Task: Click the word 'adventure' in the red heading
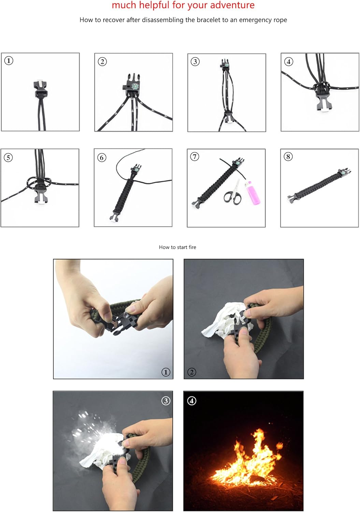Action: pyautogui.click(x=232, y=5)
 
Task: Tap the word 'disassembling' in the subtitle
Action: pyautogui.click(x=162, y=20)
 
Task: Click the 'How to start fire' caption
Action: pyautogui.click(x=177, y=247)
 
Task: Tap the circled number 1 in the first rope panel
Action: pyautogui.click(x=9, y=61)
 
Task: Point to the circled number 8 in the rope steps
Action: pyautogui.click(x=288, y=157)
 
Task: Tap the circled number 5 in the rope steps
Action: pyautogui.click(x=8, y=157)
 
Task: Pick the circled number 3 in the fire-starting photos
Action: pyautogui.click(x=165, y=400)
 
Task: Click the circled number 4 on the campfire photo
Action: pyautogui.click(x=192, y=400)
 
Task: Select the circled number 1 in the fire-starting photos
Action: pyautogui.click(x=165, y=372)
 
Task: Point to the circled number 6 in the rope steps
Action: pyautogui.click(x=102, y=157)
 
